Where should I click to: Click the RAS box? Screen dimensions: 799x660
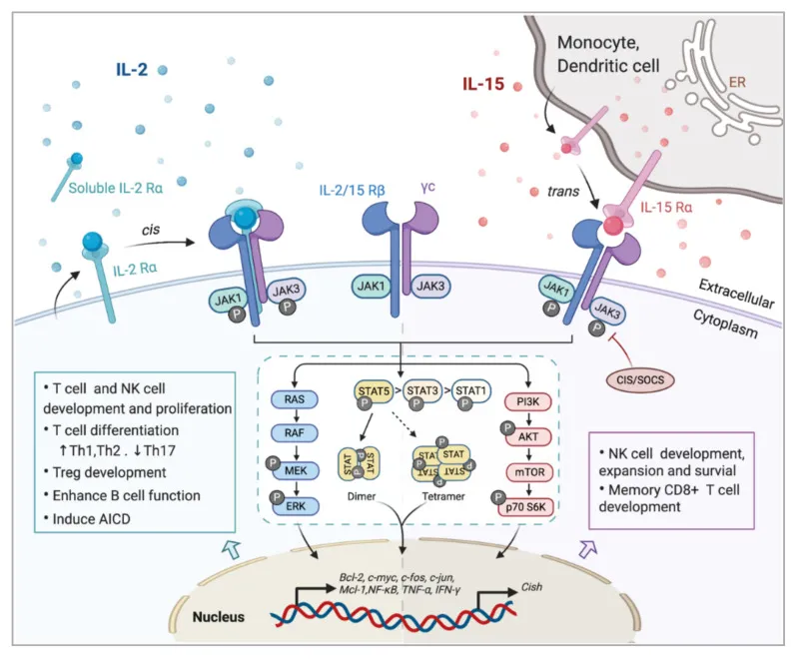click(295, 399)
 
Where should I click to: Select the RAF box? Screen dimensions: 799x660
click(295, 433)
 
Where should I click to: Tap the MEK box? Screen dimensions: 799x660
click(296, 471)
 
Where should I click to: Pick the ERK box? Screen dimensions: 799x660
click(296, 506)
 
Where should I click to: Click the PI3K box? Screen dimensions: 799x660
click(528, 401)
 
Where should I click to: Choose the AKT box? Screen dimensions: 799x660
click(528, 437)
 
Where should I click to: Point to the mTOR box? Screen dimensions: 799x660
click(530, 472)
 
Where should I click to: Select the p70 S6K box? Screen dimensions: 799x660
click(526, 507)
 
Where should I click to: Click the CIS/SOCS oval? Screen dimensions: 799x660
click(640, 379)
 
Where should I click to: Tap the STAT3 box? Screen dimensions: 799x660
click(421, 391)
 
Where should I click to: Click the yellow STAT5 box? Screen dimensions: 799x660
click(374, 391)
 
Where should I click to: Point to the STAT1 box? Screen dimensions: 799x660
click(471, 391)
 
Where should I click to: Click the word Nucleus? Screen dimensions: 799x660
click(219, 617)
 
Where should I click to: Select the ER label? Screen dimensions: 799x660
click(737, 82)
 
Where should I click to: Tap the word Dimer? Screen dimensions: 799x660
click(362, 496)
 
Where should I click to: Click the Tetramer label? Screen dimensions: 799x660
click(443, 496)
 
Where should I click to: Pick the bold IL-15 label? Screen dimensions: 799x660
click(483, 84)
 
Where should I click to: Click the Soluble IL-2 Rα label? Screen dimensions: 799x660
click(116, 189)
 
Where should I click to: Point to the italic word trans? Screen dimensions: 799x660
click(563, 192)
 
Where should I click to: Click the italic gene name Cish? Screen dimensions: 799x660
click(531, 587)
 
